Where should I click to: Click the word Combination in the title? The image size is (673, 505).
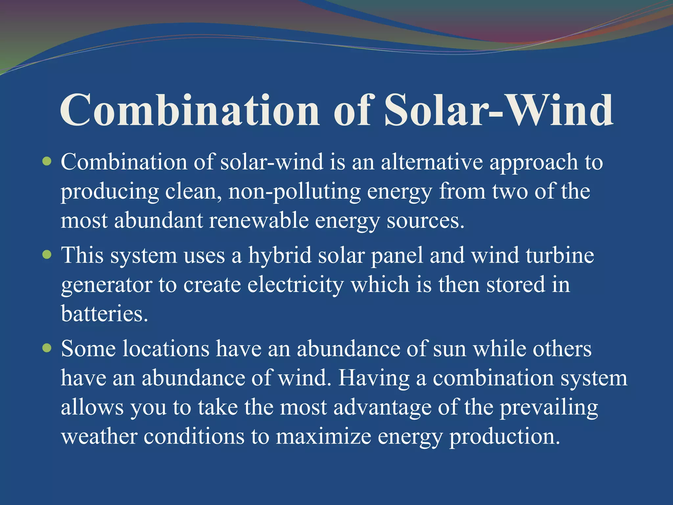point(190,110)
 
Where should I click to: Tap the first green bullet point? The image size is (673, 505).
point(47,161)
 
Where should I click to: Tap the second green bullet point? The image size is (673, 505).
point(47,254)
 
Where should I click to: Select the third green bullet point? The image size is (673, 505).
point(47,348)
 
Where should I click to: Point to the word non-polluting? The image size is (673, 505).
point(294,192)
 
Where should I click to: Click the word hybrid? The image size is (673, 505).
point(280,255)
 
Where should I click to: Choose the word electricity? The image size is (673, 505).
point(295,285)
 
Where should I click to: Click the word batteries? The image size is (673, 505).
point(104,314)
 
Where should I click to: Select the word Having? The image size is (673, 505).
point(374,378)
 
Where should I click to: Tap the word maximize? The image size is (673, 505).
point(323,437)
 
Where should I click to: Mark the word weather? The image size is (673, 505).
point(99,437)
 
